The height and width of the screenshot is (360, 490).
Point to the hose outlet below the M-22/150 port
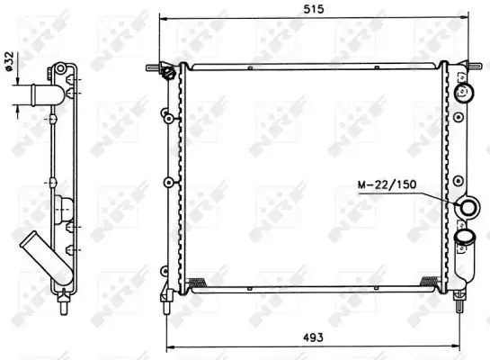click(466, 238)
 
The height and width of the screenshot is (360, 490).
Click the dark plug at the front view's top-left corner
click(167, 75)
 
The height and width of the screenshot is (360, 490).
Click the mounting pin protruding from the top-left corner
click(152, 66)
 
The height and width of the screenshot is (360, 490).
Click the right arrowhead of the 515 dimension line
click(468, 16)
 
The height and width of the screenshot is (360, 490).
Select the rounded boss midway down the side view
click(62, 209)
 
